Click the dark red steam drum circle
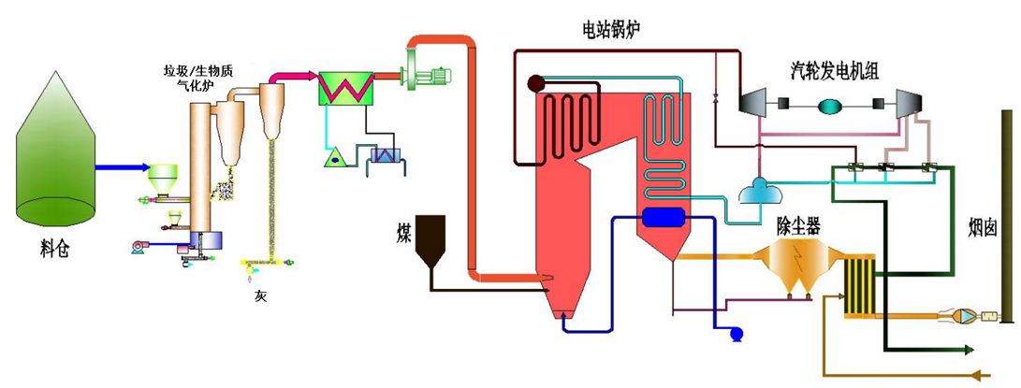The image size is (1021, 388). click(535, 83)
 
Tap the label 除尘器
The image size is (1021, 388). click(798, 224)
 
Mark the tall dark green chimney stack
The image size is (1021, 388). click(1006, 215)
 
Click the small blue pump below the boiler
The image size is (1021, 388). click(735, 333)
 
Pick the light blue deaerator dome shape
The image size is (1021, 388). click(756, 192)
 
